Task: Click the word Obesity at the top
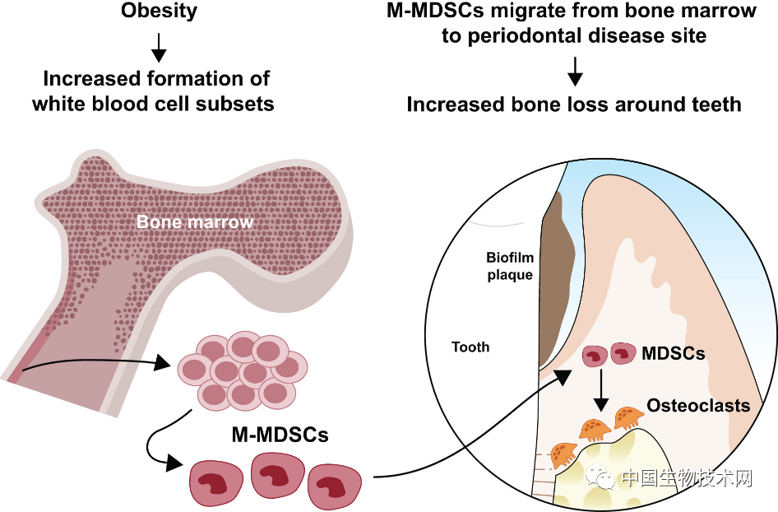point(158,12)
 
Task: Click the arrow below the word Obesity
point(159,52)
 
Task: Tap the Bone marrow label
point(195,222)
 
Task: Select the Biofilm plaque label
point(509,266)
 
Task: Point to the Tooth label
point(470,347)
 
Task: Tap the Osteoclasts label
point(698,406)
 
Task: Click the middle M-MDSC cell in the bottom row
point(274,477)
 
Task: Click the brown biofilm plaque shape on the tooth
point(555,263)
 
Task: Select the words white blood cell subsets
point(153,104)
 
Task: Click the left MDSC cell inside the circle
point(594,356)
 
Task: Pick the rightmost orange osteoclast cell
point(628,416)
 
